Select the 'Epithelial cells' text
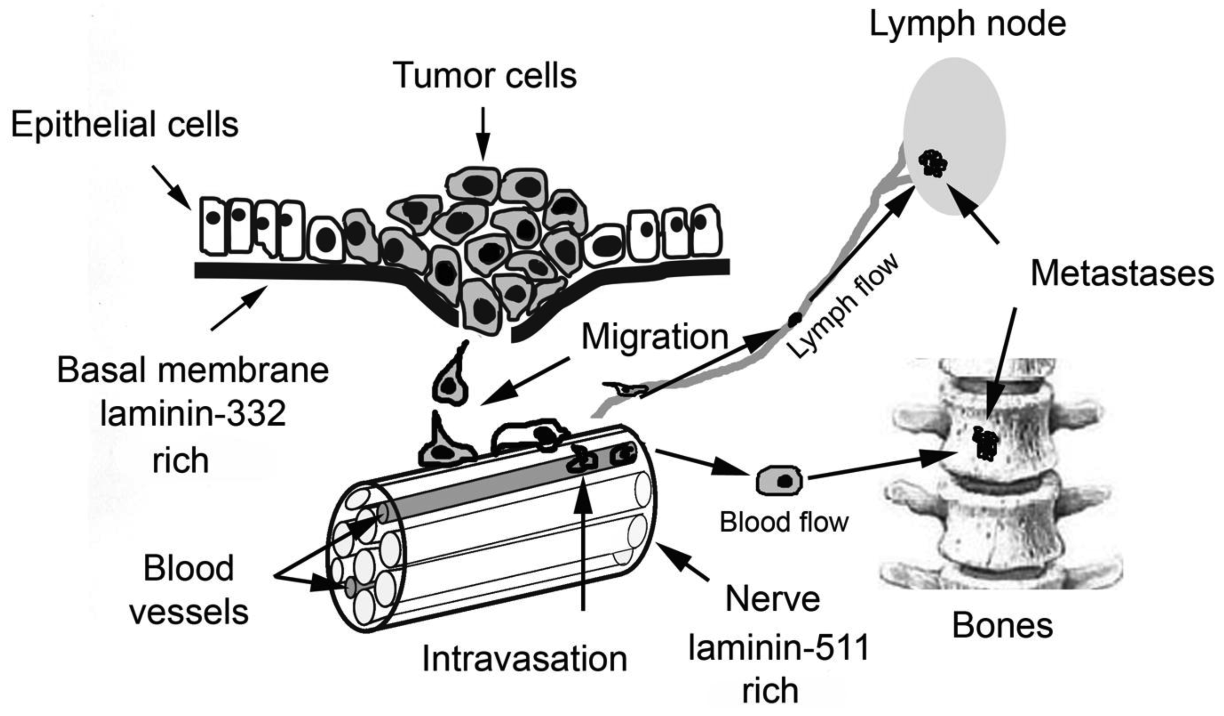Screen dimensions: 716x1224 (125, 125)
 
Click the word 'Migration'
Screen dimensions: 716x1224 (654, 337)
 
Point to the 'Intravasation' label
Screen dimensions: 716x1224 (524, 659)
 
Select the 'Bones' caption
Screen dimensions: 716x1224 (1002, 626)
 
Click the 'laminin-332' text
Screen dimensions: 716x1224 (193, 415)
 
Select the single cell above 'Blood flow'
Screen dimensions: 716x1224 (779, 481)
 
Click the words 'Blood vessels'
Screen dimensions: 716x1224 (189, 590)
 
